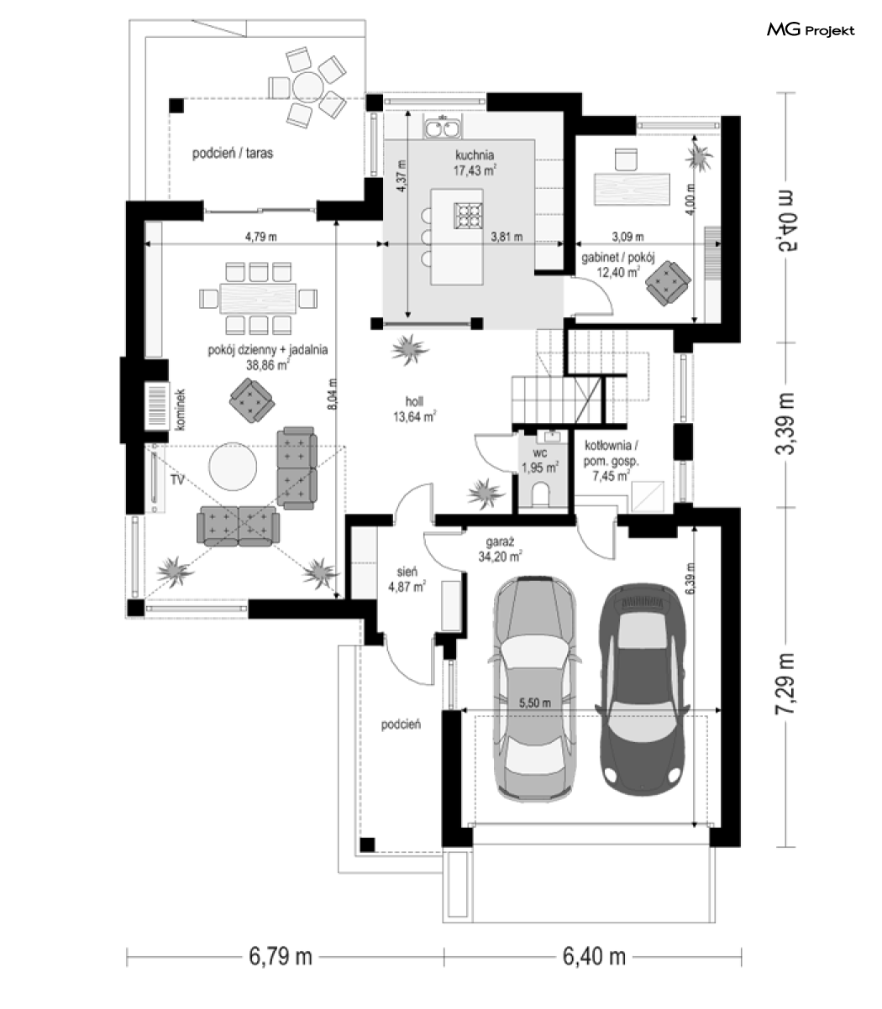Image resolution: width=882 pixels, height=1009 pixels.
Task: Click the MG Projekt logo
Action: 810,30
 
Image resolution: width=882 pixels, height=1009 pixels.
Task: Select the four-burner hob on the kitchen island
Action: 468,216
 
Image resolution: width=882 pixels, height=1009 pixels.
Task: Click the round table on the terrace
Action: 307,86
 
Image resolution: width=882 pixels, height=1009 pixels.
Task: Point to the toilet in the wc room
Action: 541,494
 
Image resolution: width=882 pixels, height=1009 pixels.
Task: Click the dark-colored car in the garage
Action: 642,690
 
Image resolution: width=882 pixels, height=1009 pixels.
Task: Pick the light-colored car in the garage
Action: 535,689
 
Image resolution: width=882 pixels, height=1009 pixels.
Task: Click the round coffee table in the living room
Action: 233,466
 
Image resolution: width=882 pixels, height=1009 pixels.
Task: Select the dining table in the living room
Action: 258,298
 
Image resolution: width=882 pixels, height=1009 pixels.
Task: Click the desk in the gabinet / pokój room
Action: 632,188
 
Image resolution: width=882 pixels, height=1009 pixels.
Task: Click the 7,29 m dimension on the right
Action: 785,683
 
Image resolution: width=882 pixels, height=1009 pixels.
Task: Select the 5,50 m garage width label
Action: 535,703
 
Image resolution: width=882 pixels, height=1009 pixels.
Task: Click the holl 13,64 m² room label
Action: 414,410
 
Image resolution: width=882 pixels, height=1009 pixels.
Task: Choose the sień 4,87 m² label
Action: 407,579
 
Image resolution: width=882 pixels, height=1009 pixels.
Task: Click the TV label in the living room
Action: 177,479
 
